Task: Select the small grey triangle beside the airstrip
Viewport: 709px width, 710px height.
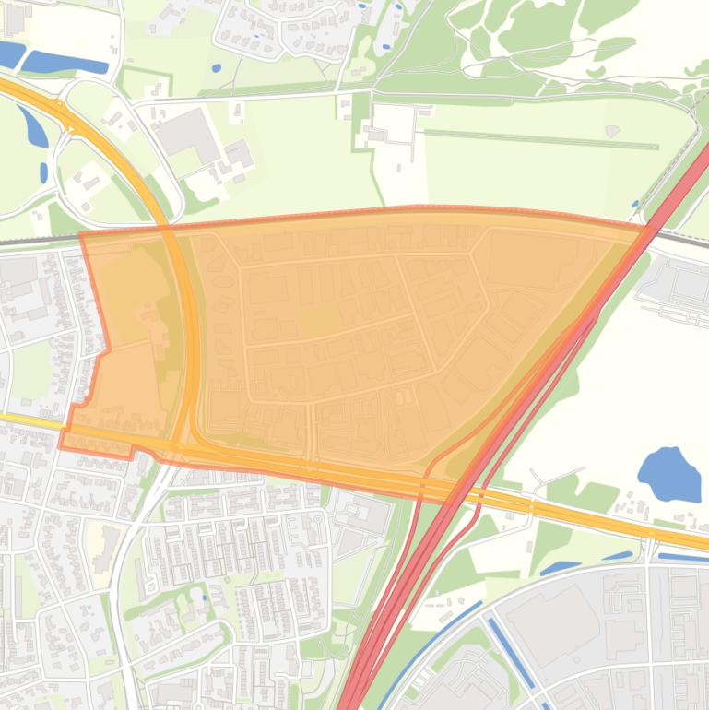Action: [612, 132]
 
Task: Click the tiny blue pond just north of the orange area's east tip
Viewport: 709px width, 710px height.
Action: [635, 204]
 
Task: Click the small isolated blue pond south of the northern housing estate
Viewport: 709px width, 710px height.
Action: [216, 67]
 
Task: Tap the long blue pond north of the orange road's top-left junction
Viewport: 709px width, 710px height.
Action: [65, 63]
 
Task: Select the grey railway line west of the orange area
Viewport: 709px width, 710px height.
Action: [37, 240]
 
